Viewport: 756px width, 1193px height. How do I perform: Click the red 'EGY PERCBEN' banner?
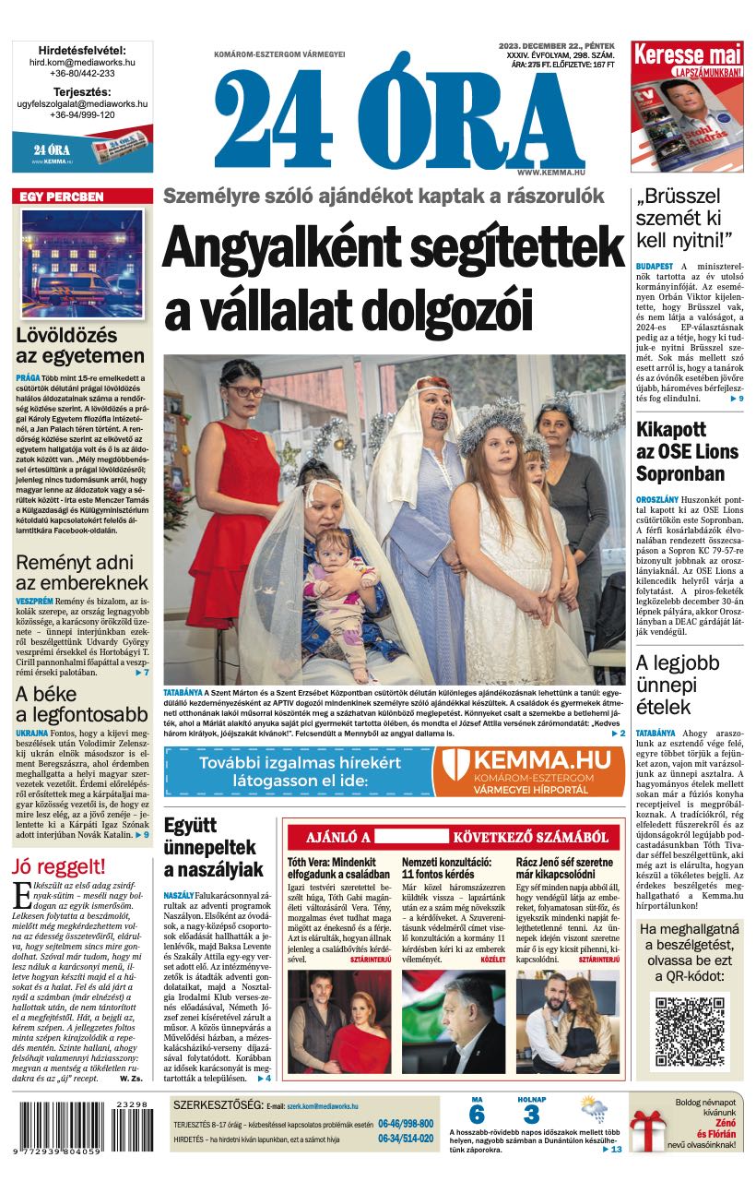[x=82, y=197]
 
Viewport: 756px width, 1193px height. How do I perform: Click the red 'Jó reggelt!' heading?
[x=58, y=866]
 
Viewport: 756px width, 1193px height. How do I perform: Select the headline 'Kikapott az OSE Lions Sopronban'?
[x=688, y=451]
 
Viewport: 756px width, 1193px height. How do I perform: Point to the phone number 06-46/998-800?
[x=405, y=1124]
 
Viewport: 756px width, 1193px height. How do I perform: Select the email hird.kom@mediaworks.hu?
[x=83, y=62]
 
